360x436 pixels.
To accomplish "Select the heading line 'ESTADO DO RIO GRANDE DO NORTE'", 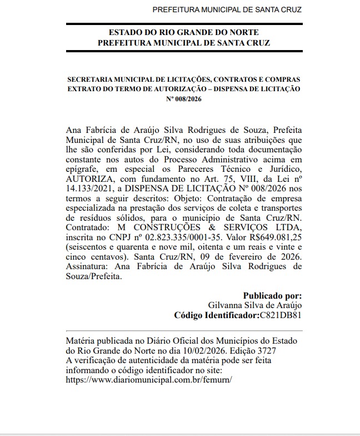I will [184, 33].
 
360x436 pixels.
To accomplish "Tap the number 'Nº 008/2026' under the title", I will [183, 100].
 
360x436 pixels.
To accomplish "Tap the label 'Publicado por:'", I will [273, 296].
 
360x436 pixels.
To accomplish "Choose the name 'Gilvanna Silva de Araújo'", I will [255, 305].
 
